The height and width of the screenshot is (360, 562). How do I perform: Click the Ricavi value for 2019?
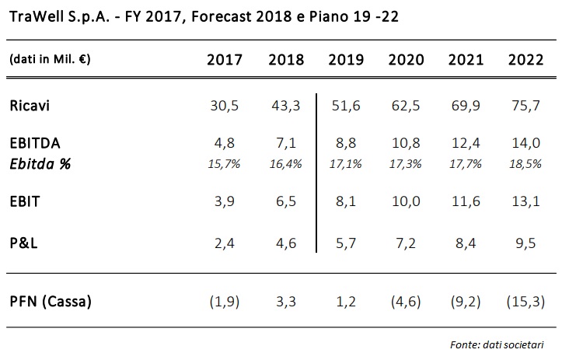click(344, 105)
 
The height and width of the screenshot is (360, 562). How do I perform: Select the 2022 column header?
click(525, 61)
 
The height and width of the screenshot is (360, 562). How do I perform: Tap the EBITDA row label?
click(35, 144)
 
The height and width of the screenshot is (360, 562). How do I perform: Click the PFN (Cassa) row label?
click(51, 301)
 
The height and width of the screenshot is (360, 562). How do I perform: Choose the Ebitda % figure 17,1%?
click(344, 163)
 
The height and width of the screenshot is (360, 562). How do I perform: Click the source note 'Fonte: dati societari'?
click(497, 344)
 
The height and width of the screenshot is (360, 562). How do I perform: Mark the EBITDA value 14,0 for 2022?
click(525, 144)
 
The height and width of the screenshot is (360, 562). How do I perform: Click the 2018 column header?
click(285, 61)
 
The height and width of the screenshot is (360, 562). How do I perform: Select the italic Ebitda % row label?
click(39, 163)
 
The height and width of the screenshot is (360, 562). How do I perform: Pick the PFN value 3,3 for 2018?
click(285, 301)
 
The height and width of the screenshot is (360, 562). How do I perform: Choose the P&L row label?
click(25, 243)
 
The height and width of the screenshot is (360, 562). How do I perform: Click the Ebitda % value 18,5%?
click(525, 163)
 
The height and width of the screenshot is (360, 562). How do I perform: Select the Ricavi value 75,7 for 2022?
click(525, 105)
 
